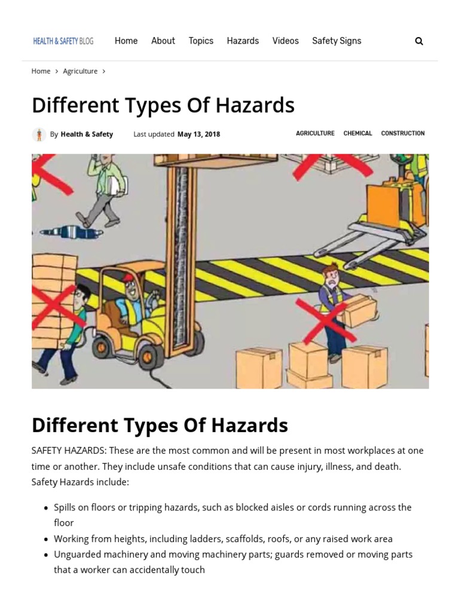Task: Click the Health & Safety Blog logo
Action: (63, 41)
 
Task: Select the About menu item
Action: (163, 41)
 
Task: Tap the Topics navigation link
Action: (201, 41)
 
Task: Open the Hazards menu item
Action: (243, 41)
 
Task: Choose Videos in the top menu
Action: (285, 41)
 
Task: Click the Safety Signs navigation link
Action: (336, 41)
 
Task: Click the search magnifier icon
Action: (419, 41)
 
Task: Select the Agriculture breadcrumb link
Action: (80, 71)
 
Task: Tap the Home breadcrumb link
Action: (41, 71)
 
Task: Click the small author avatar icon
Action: (39, 134)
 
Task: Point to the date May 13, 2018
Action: (198, 134)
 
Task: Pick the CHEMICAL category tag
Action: (357, 133)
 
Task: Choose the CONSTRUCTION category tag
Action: (403, 133)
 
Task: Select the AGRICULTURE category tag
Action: (315, 133)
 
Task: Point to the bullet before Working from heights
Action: (46, 539)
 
